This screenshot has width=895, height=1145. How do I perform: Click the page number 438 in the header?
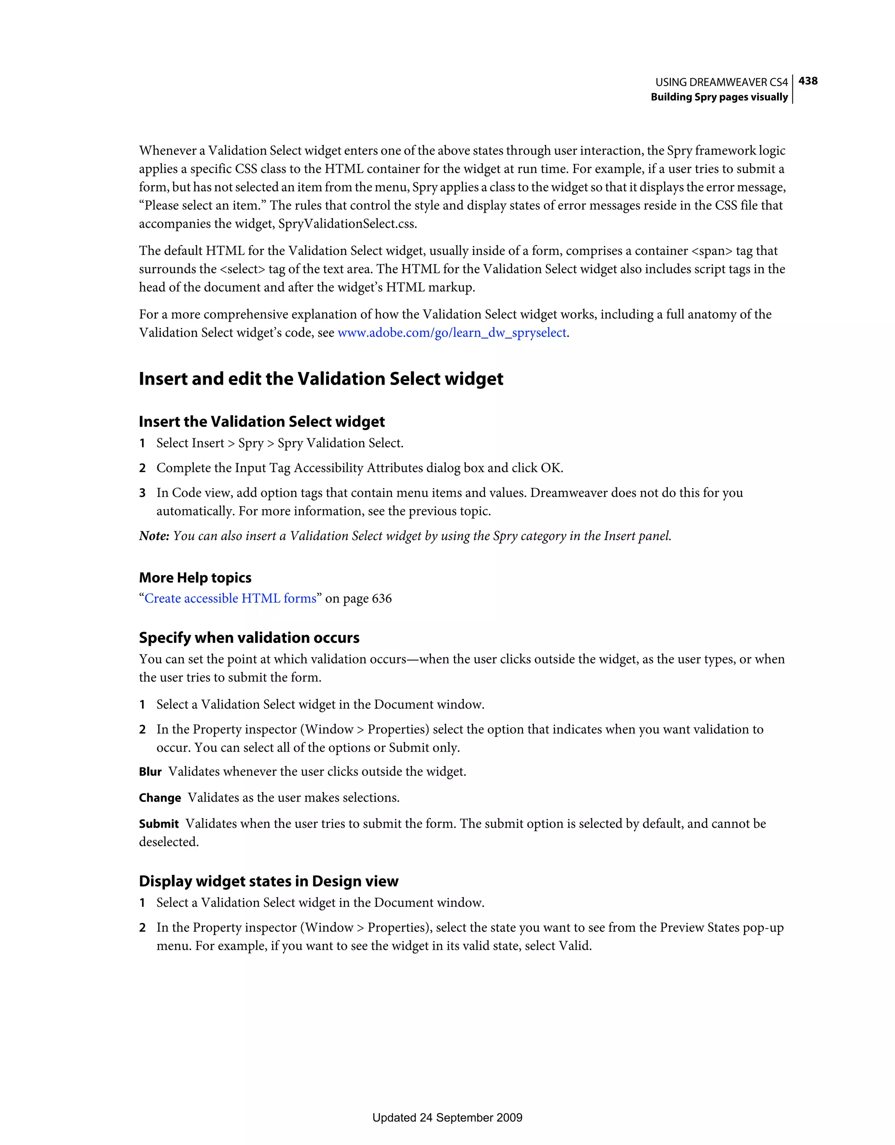(808, 81)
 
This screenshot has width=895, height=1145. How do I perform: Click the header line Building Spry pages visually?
(719, 97)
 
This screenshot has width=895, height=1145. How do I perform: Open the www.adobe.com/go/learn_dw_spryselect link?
(451, 333)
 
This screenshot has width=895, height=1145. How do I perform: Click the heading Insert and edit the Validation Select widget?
(321, 379)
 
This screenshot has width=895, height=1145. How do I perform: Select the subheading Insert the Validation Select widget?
(262, 422)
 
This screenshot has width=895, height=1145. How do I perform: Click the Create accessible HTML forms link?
(230, 599)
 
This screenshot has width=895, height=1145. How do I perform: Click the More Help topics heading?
(195, 578)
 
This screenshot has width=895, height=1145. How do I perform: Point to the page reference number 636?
(382, 599)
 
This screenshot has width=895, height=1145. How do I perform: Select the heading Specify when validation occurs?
(249, 638)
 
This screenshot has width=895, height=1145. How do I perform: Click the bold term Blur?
(150, 772)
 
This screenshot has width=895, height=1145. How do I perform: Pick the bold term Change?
(160, 798)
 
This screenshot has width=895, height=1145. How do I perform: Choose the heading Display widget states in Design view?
(268, 881)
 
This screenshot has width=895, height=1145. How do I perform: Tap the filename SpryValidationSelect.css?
(347, 224)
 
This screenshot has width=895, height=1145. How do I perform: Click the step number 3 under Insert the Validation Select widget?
(142, 493)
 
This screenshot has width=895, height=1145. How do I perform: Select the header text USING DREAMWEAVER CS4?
(721, 82)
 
